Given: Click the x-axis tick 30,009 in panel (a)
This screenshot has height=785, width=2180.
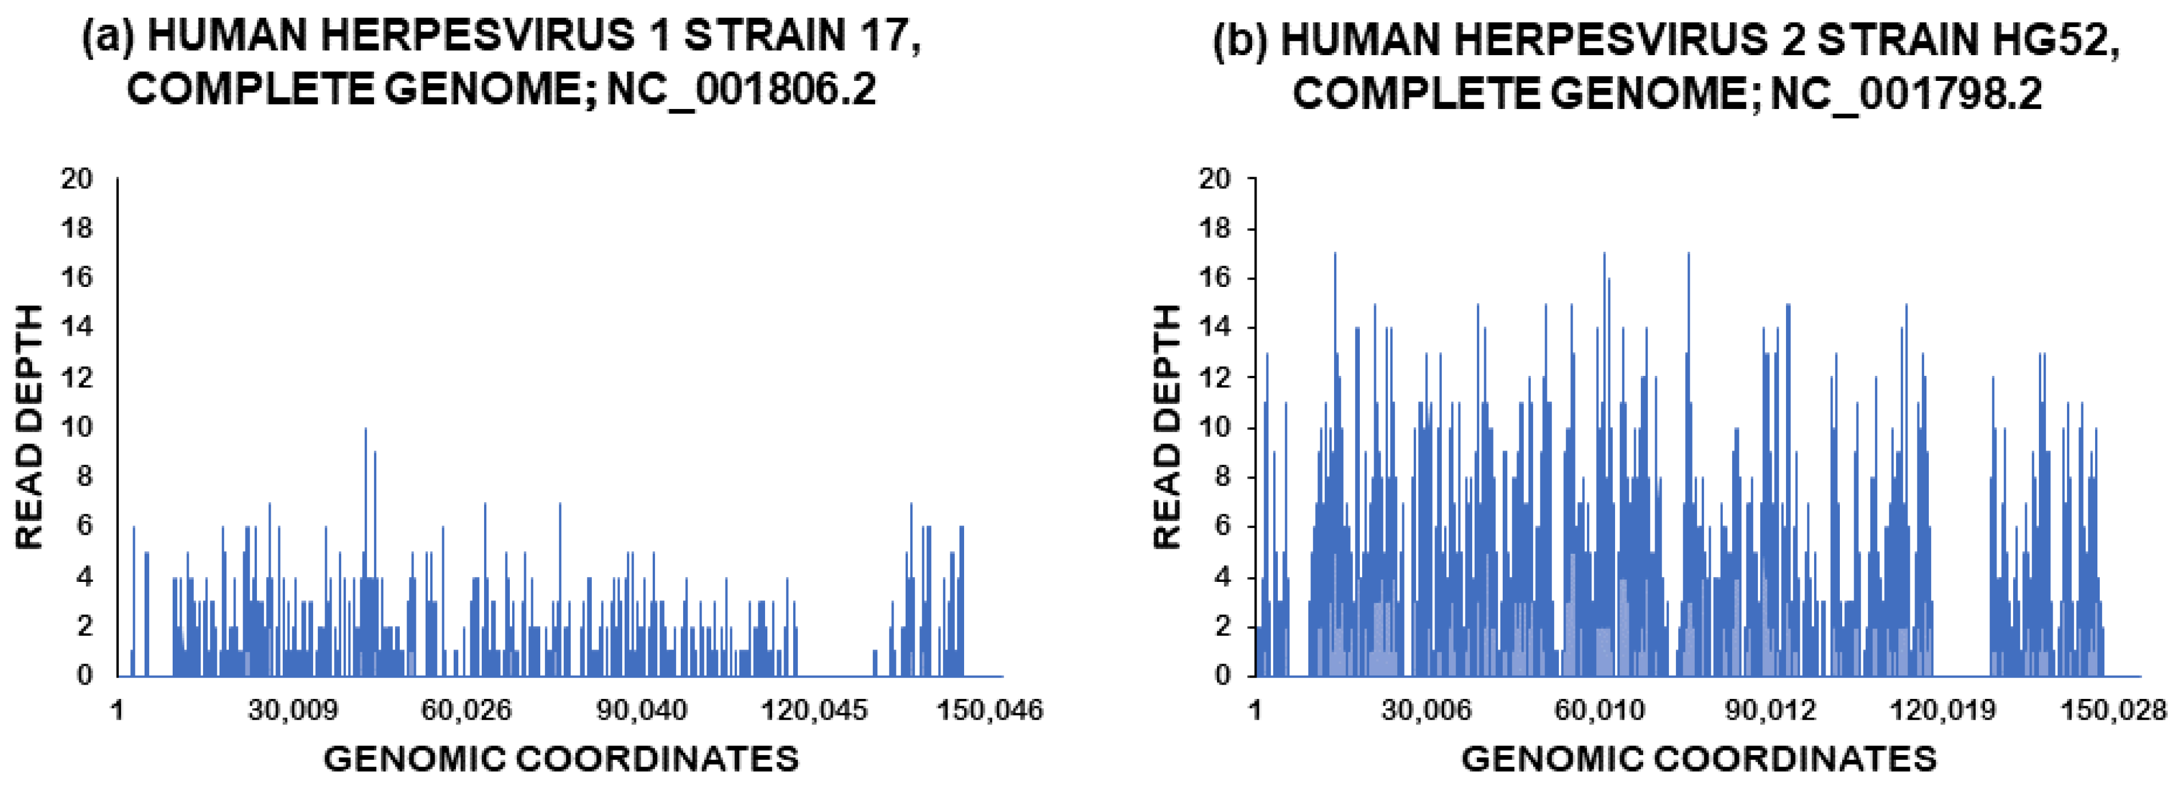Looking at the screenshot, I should point(292,710).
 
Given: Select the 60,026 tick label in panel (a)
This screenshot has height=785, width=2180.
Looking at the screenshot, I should point(466,710).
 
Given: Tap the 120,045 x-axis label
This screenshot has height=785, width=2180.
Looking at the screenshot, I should point(814,710).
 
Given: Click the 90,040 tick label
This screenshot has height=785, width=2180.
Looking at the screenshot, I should point(641,710).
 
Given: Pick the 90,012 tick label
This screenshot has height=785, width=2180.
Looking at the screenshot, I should point(1771,710).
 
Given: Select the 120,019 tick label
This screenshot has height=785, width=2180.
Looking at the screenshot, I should point(1943,710).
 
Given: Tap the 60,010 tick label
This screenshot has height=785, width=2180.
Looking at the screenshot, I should point(1600,710).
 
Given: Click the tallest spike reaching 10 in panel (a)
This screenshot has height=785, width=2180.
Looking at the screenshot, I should point(365,432).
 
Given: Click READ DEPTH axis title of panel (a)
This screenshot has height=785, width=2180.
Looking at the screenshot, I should point(30,427).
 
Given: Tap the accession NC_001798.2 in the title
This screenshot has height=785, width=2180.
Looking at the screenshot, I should point(1906,93).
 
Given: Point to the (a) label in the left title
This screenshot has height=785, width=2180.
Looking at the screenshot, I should point(107,37).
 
